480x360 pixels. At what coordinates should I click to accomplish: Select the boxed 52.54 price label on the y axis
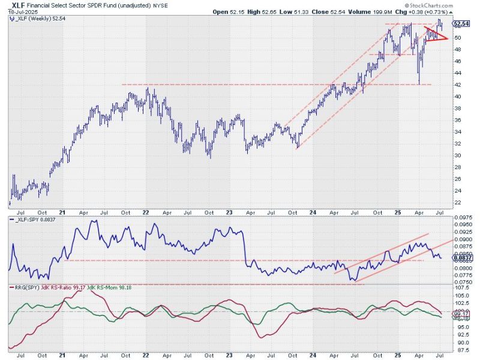(461, 24)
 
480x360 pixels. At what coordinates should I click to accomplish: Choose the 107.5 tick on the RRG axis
(460, 288)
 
